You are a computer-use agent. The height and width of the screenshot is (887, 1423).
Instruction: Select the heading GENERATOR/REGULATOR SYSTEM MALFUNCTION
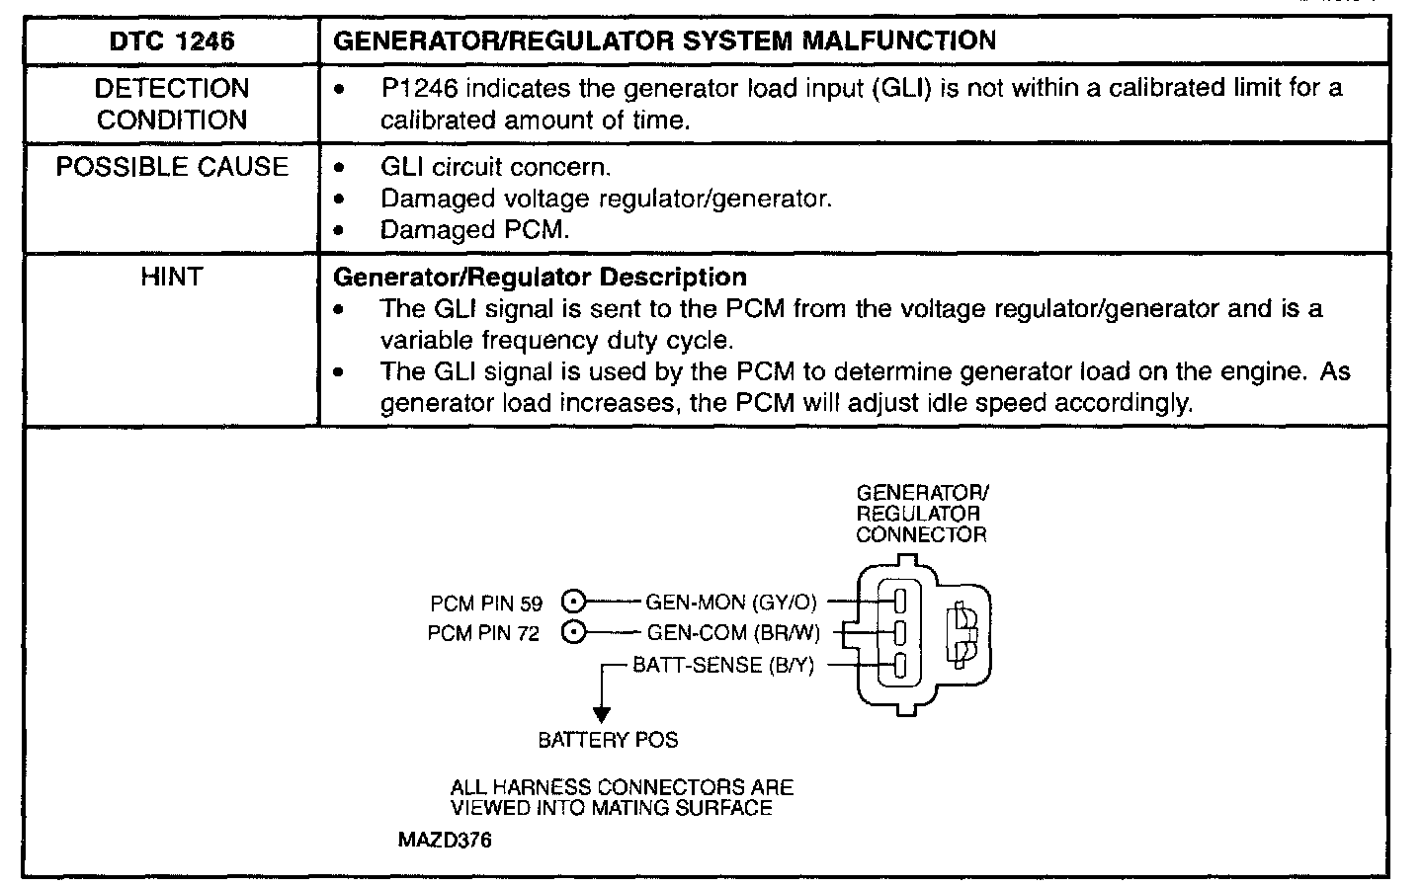tap(665, 40)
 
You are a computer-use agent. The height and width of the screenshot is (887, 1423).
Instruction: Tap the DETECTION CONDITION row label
tap(171, 104)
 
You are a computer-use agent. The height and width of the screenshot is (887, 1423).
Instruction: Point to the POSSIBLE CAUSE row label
tap(171, 167)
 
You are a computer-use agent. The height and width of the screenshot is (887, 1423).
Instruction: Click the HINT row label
tap(171, 279)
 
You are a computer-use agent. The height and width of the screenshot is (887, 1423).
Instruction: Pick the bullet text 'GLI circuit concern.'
tap(495, 167)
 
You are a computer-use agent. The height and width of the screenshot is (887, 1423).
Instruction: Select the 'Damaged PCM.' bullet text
tap(474, 230)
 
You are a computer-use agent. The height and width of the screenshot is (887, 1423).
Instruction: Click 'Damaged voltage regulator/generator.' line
tap(606, 199)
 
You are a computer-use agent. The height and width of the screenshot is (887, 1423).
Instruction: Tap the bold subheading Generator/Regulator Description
tap(541, 277)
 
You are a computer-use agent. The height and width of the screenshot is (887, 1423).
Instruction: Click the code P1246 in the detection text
tap(419, 88)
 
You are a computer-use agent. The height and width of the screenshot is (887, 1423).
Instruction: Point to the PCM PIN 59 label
tap(486, 604)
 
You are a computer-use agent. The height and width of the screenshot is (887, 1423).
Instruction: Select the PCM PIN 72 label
tap(484, 634)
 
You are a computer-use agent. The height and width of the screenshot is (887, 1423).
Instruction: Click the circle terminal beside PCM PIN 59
tap(573, 601)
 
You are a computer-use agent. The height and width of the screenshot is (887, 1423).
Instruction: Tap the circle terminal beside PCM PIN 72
tap(573, 632)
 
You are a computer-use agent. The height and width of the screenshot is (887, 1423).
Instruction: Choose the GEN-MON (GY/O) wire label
tap(731, 602)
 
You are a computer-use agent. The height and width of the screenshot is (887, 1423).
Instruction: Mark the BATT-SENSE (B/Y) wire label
tap(723, 665)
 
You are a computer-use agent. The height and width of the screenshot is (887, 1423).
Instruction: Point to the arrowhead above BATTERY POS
tap(601, 713)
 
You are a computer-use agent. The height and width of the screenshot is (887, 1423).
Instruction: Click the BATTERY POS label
tap(608, 740)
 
